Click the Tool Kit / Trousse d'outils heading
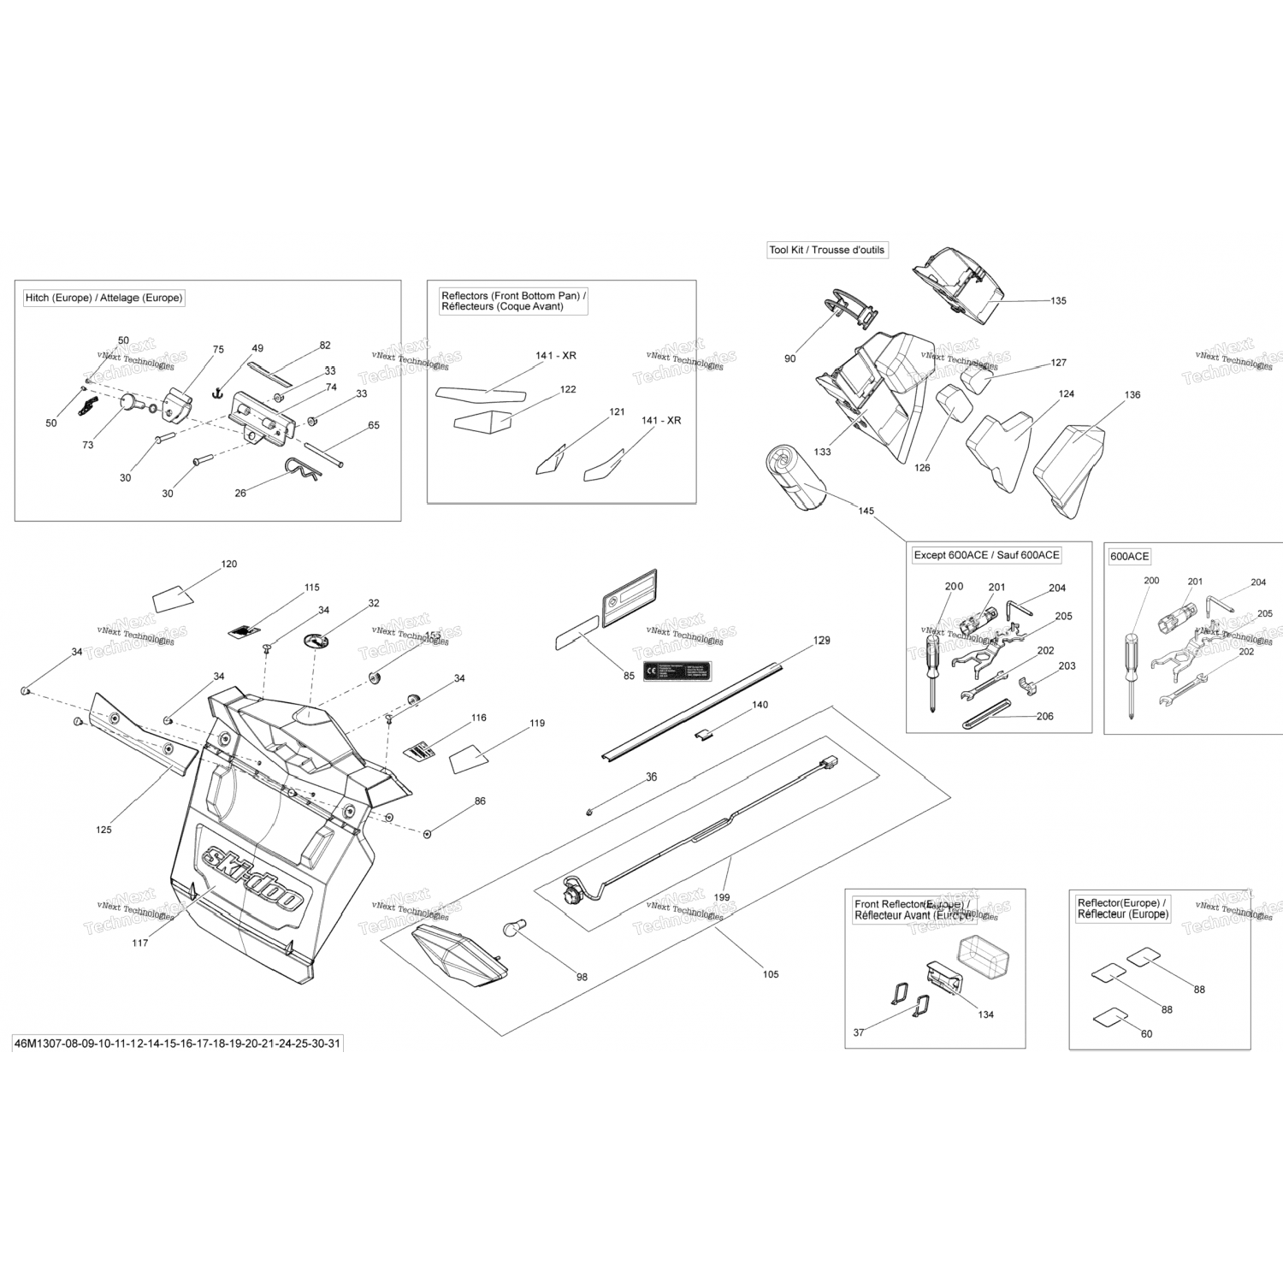[826, 250]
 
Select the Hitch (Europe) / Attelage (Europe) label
[103, 298]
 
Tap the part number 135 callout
[1058, 301]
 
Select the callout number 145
[866, 511]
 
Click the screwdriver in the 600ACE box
[1132, 667]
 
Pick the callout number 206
[1044, 717]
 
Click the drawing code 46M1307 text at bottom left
[178, 1044]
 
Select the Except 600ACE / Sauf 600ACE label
[986, 555]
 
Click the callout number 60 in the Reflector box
[1146, 1033]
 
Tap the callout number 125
[103, 830]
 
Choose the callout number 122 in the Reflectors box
[568, 389]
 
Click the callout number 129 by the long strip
[821, 641]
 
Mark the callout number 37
[859, 1032]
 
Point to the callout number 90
[789, 358]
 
